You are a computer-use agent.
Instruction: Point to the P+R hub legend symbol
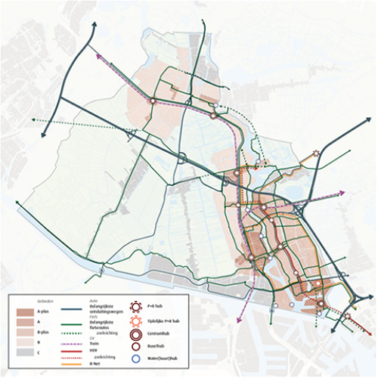[137, 307]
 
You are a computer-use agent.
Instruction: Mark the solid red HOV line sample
[90, 349]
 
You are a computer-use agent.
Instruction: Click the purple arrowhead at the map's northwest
[98, 54]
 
